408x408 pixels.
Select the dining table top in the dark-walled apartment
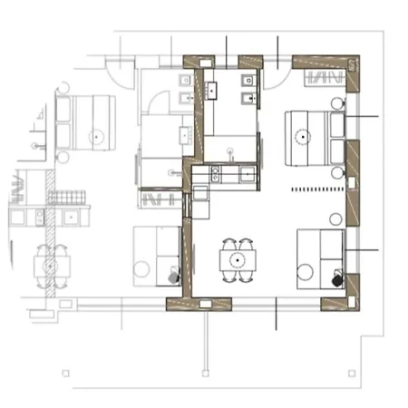[237, 260]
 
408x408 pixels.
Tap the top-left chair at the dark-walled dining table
[228, 244]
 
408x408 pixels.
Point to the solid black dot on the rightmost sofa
[337, 280]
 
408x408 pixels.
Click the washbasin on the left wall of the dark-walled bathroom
[214, 90]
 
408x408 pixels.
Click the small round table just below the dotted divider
[335, 218]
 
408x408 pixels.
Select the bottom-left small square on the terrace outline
[65, 373]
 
